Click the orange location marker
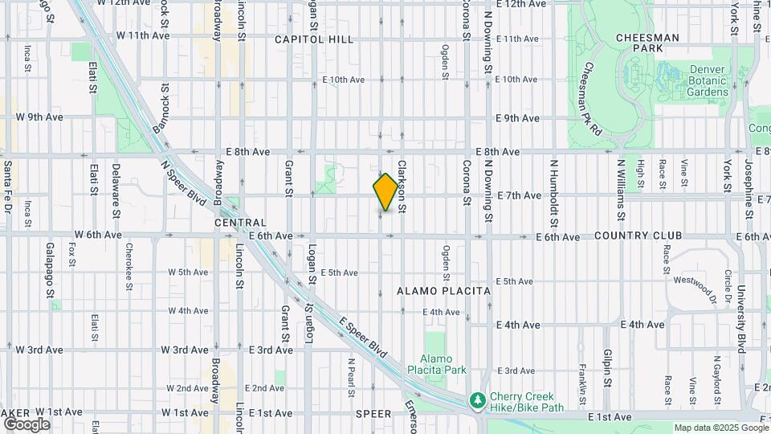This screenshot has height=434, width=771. coord(386,192)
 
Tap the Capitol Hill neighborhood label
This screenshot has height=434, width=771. coord(313,39)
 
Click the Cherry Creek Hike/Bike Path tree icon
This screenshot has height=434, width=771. coord(477,399)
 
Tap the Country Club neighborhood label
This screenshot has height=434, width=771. coord(638,235)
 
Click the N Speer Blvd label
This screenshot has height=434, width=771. coord(180,181)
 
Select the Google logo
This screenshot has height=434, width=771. coord(27,424)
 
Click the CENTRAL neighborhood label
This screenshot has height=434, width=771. coord(240,223)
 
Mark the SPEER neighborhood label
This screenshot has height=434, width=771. coord(373,414)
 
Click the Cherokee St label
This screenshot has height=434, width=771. coord(128,261)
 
